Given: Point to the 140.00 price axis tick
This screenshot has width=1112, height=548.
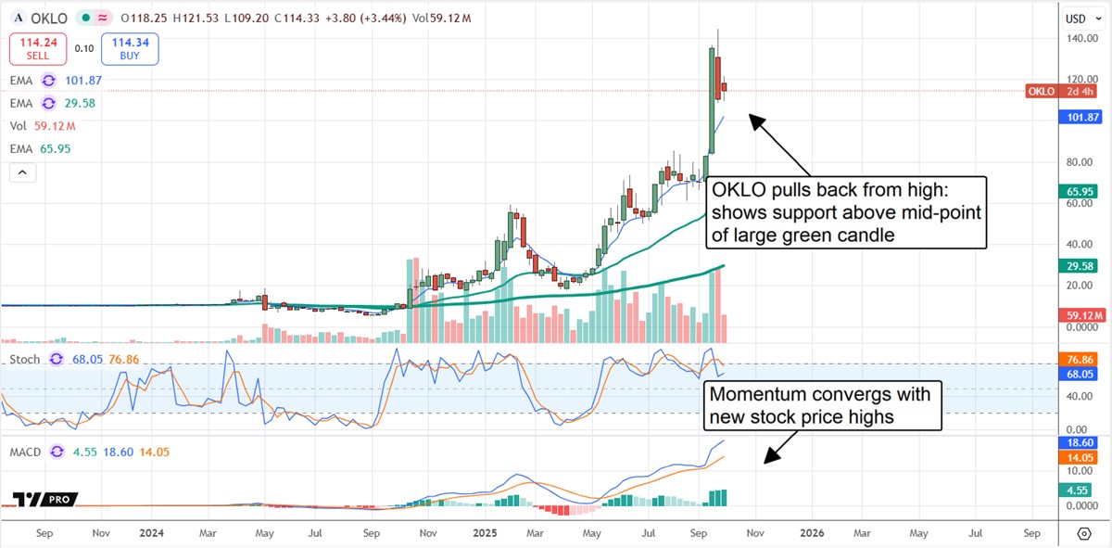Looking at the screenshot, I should click(1077, 38).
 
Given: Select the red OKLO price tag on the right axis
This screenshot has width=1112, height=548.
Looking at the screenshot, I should click(1064, 91).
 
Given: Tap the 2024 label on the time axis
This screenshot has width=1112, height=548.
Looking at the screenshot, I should click(152, 533).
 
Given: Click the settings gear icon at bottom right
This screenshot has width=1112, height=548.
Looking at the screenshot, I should click(1084, 533).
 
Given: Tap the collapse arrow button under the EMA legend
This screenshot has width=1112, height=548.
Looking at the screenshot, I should click(22, 172).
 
